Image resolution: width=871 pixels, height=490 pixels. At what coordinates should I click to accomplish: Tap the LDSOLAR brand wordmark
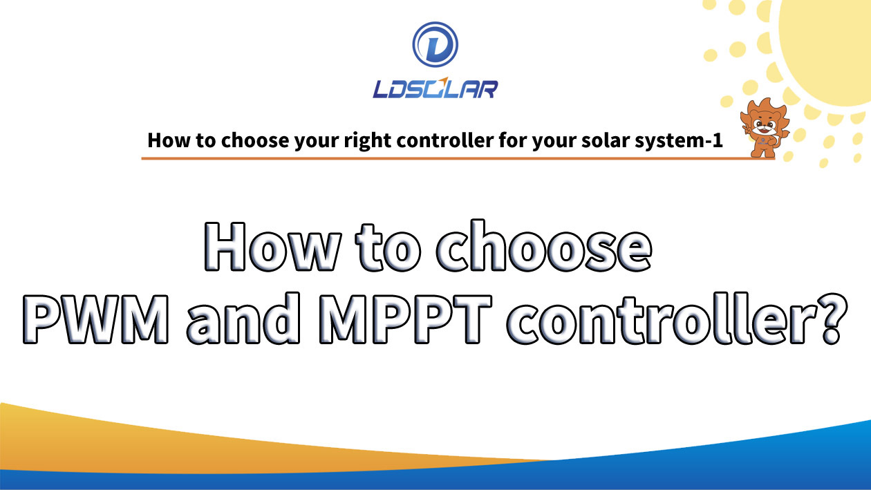click(x=435, y=88)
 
